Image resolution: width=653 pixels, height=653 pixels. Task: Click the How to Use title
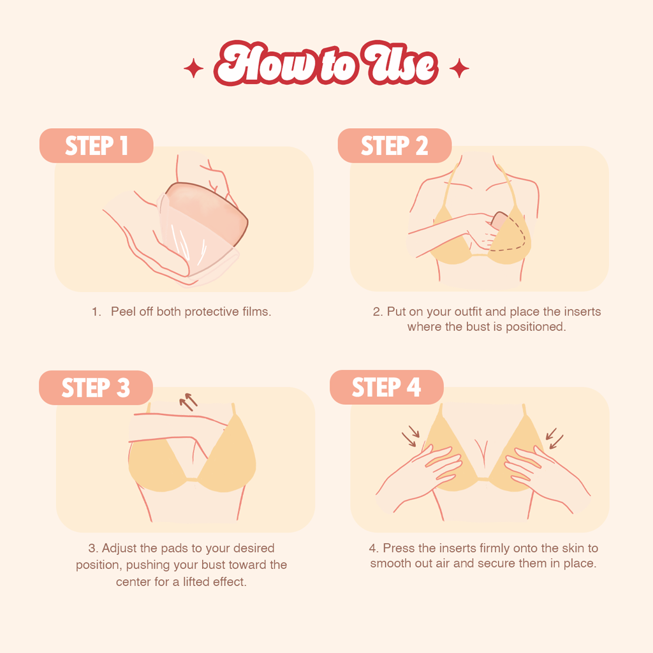tap(326, 66)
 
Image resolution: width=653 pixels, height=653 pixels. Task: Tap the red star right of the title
tap(459, 68)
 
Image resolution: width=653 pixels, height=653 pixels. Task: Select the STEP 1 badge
tap(96, 145)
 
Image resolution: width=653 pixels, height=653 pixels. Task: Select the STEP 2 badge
tap(394, 145)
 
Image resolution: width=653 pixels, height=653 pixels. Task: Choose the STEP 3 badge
tap(96, 388)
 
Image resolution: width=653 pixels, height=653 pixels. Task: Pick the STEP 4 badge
tap(386, 387)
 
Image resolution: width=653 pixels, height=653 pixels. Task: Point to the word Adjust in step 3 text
tap(120, 548)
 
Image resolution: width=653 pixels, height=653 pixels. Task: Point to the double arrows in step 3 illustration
tap(188, 402)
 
